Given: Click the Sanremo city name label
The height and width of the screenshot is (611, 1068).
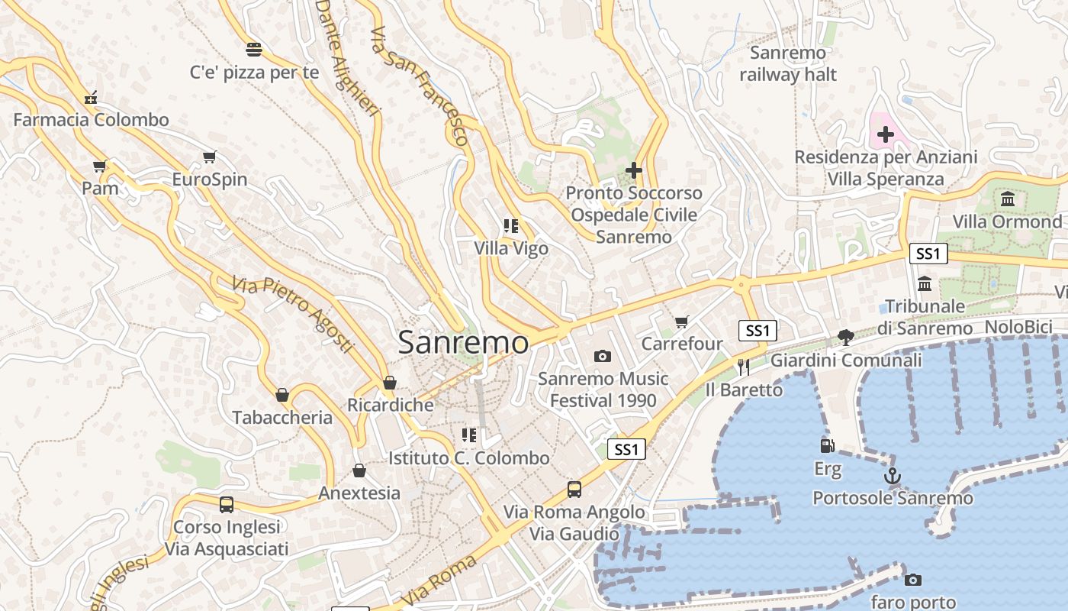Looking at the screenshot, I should [463, 342].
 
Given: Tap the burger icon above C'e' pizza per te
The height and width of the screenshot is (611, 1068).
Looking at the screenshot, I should [254, 50].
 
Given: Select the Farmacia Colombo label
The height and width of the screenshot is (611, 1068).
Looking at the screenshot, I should [91, 120].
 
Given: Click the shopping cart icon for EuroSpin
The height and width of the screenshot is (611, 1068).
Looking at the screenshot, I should [210, 157].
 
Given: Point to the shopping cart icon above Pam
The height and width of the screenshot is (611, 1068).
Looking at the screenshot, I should [100, 166].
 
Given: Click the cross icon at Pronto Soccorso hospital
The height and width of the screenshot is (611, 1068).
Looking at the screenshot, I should [633, 170].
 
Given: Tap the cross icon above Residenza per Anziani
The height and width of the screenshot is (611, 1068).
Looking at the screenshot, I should [885, 135].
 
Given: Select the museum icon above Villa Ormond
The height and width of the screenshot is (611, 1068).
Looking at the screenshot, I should [1008, 199].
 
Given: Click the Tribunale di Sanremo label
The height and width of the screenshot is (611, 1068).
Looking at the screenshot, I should [925, 317].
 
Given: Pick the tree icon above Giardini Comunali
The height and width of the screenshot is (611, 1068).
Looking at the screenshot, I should [845, 337].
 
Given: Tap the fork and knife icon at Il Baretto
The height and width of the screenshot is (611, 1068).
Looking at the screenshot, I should [744, 367].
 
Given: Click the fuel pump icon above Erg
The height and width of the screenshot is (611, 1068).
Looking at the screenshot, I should [827, 446].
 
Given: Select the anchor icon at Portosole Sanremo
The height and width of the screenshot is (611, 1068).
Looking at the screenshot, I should [893, 476].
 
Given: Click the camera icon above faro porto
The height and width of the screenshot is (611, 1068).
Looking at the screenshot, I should [912, 580].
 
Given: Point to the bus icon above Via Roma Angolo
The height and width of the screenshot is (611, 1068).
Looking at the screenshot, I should [574, 490].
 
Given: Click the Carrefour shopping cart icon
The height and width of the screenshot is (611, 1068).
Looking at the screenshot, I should [682, 322].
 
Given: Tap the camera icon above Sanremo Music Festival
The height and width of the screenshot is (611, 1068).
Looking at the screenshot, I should [603, 356].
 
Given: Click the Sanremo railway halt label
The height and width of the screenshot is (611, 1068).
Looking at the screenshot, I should [788, 63].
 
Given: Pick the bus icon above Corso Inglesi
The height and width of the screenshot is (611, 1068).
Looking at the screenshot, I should [227, 504].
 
